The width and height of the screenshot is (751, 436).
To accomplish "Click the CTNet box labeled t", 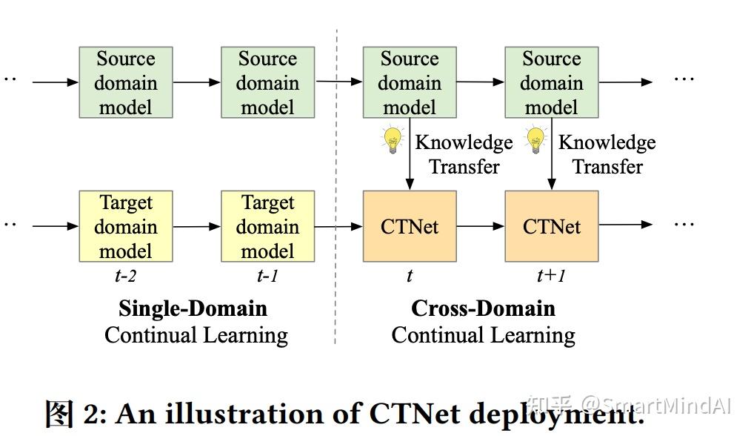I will click(x=409, y=226).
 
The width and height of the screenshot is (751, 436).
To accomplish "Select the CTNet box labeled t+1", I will click(x=551, y=226).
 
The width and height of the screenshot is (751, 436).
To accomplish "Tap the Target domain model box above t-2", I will click(x=125, y=226).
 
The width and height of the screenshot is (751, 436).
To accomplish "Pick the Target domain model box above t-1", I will click(x=267, y=226).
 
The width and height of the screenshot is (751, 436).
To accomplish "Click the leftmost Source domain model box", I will click(x=125, y=82).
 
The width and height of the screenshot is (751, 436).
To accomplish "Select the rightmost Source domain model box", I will click(x=551, y=82).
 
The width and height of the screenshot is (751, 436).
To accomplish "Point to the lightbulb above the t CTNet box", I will click(x=392, y=139).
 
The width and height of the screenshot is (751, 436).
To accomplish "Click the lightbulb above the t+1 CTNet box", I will click(x=535, y=139).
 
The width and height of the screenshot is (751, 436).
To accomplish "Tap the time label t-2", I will click(x=125, y=277).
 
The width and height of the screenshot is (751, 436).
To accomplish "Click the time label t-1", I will click(x=267, y=277).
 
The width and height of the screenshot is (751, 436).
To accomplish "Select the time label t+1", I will click(x=551, y=277).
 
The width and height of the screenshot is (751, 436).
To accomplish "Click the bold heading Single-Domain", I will click(x=193, y=308).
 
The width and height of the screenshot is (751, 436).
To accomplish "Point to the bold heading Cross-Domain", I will click(x=483, y=308).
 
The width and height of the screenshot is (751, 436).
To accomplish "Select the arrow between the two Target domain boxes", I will click(x=196, y=225).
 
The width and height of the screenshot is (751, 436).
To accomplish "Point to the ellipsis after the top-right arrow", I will click(x=684, y=79).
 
